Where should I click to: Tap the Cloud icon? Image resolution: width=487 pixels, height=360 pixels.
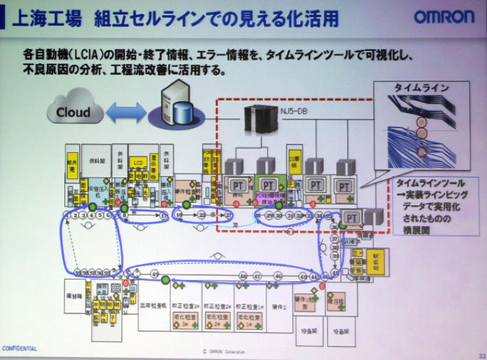click(x=73, y=112)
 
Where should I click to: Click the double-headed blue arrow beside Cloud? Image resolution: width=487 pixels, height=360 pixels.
click(x=125, y=112)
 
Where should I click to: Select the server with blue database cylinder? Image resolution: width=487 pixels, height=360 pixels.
click(x=174, y=103)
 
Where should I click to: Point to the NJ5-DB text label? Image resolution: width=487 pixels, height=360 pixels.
click(x=297, y=110)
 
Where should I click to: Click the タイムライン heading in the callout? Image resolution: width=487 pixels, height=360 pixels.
click(x=421, y=88)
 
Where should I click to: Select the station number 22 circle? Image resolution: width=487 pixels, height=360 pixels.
click(x=202, y=214)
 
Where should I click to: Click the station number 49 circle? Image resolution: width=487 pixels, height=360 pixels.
click(x=155, y=273)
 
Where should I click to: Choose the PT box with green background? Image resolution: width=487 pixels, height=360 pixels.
click(x=270, y=185)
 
